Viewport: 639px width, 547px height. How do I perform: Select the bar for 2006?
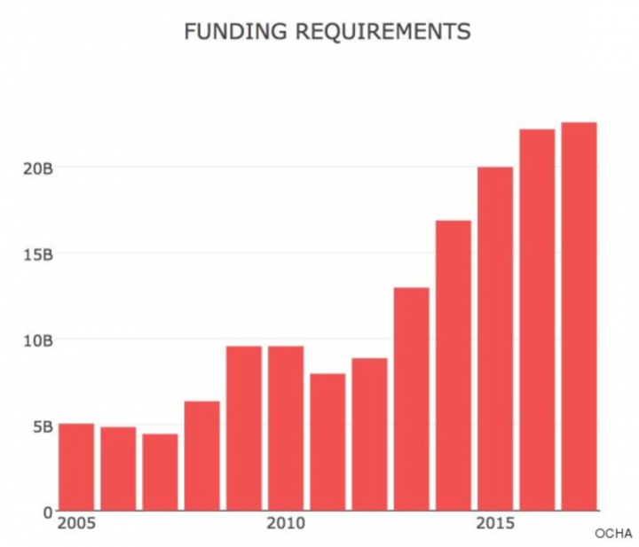[x=118, y=469]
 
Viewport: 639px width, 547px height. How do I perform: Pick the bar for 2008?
[x=201, y=456]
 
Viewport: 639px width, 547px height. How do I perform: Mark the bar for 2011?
[x=327, y=442]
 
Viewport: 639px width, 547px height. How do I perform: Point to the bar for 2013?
[x=411, y=399]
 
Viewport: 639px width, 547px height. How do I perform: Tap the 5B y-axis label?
[x=41, y=426]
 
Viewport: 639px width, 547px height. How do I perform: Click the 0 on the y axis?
[x=47, y=512]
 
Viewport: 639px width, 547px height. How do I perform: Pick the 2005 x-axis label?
[x=75, y=524]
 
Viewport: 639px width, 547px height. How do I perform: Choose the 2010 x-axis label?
[x=285, y=524]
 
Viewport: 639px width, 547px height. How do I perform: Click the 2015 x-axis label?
[x=494, y=524]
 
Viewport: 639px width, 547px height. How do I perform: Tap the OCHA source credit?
[x=613, y=533]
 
